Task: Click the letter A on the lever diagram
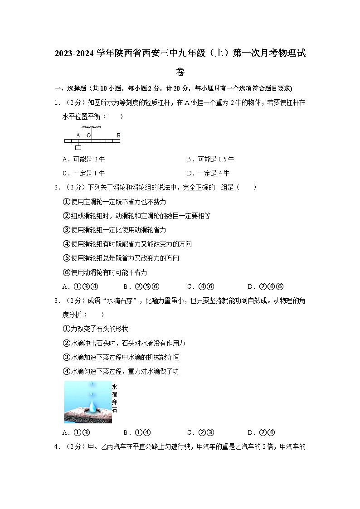point(78,135)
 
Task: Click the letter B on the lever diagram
point(118,135)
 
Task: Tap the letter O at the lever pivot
point(88,135)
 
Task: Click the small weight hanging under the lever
point(78,148)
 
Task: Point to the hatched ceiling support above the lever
point(91,127)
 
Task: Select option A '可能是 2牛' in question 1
point(84,160)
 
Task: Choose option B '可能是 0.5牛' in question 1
point(210,160)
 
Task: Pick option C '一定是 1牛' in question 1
point(84,173)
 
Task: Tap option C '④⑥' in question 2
point(200,286)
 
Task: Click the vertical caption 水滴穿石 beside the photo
point(114,398)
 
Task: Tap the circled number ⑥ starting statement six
point(67,272)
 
